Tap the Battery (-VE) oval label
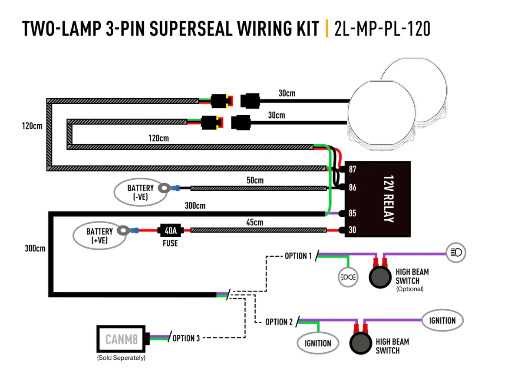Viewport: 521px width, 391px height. click(x=140, y=192)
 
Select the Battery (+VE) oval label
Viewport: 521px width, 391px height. click(x=99, y=235)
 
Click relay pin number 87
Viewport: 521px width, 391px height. click(x=353, y=169)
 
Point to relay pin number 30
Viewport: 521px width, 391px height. click(x=353, y=230)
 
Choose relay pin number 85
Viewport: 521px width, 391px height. click(x=353, y=213)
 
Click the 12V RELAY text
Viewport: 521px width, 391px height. click(x=388, y=199)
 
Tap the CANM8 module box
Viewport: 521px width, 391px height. click(x=122, y=339)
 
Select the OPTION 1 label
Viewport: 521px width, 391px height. click(x=298, y=256)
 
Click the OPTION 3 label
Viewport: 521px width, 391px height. click(x=186, y=338)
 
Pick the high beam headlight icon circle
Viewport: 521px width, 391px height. click(x=456, y=252)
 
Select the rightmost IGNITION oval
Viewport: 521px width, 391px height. click(x=442, y=321)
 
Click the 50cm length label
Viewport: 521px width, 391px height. click(x=255, y=180)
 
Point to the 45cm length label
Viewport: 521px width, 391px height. click(x=254, y=222)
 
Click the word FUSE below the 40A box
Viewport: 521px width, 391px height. click(x=170, y=243)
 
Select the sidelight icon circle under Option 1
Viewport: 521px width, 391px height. click(x=348, y=276)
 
